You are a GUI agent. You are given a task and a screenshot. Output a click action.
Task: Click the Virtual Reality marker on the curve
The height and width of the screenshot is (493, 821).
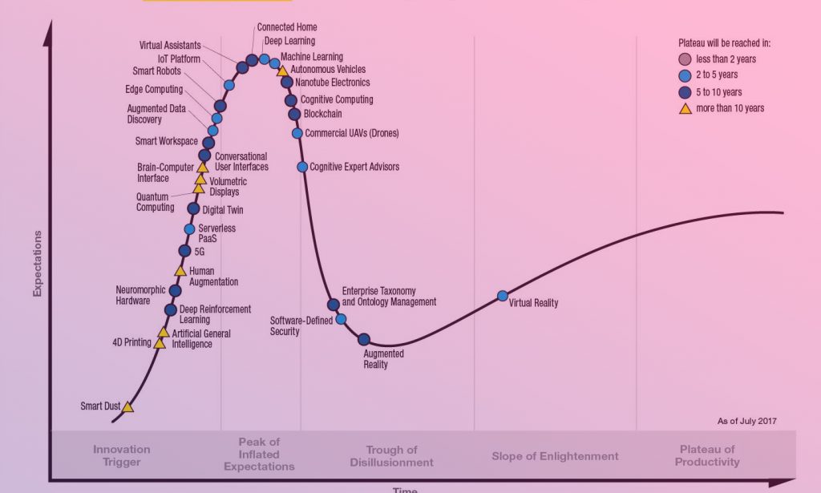tap(503, 296)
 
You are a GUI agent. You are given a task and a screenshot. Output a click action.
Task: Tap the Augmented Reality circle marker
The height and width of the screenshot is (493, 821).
tap(364, 339)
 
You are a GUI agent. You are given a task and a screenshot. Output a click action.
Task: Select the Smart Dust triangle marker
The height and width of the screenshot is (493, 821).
tap(127, 406)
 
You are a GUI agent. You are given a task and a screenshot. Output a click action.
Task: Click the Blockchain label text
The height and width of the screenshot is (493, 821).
tap(322, 114)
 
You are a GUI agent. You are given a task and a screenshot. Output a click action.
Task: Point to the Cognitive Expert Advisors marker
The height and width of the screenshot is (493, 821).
tap(302, 167)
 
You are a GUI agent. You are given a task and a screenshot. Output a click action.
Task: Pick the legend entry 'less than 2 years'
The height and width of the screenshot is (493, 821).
tap(726, 59)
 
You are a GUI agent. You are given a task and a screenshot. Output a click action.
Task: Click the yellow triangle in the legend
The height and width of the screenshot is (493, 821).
tap(686, 108)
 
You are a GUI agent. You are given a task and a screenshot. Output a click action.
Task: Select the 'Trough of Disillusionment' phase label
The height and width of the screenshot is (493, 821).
tap(391, 456)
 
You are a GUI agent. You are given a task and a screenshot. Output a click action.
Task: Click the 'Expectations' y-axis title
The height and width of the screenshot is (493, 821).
tap(37, 264)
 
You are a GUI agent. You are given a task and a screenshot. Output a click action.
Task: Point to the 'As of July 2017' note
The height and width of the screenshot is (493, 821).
tap(746, 421)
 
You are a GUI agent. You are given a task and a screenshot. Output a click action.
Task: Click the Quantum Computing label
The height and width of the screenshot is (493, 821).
tap(156, 202)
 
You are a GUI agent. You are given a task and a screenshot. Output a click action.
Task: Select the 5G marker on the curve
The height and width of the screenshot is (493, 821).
tap(185, 251)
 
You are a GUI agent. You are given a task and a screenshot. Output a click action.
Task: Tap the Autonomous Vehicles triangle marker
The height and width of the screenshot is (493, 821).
tap(282, 71)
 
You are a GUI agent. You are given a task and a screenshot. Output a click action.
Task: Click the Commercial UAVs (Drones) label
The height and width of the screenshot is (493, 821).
tap(351, 133)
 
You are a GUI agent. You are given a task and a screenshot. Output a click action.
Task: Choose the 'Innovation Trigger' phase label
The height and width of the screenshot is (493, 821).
tap(122, 456)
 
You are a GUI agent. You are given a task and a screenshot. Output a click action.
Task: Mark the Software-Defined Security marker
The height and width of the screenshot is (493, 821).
tap(341, 319)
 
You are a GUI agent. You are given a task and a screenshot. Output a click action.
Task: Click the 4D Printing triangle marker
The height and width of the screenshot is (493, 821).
tap(160, 343)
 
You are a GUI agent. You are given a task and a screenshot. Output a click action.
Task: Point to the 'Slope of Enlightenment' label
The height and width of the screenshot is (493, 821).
tap(555, 456)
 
